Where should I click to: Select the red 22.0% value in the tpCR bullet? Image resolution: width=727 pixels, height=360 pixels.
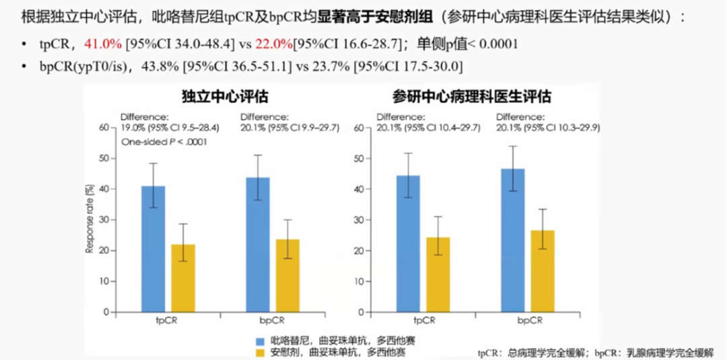[x=273, y=44]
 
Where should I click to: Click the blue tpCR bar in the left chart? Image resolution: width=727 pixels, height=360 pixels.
[x=153, y=249]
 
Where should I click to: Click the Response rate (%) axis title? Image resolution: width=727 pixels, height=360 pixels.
[x=88, y=220]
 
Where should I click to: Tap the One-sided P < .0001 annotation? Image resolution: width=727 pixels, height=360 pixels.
[x=164, y=142]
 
